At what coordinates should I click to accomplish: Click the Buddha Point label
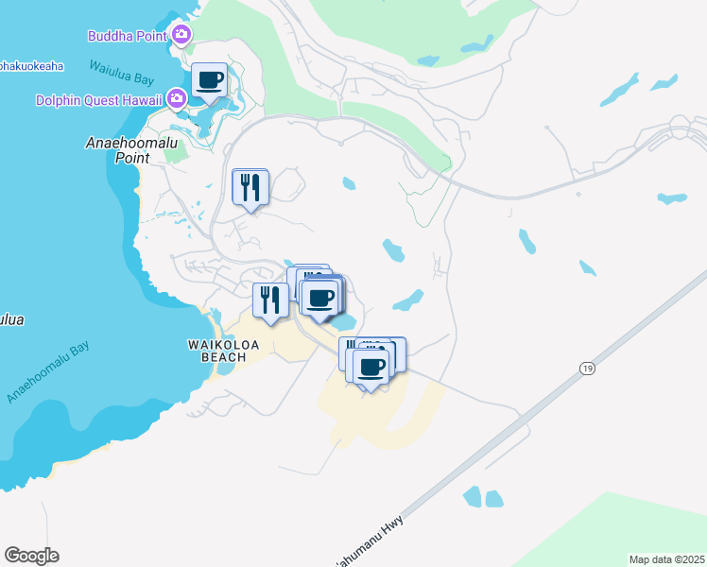(x=128, y=36)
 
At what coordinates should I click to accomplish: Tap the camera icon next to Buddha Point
(x=181, y=36)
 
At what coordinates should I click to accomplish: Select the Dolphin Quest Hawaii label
(x=98, y=99)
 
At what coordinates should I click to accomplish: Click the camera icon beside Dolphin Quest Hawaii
(x=176, y=98)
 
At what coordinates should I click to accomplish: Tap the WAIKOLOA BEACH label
(x=216, y=351)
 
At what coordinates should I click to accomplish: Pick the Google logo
(x=31, y=556)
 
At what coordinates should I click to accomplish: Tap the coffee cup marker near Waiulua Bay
(x=209, y=80)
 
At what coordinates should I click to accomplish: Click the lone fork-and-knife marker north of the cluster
(x=250, y=186)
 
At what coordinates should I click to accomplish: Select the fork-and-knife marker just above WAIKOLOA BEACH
(x=270, y=301)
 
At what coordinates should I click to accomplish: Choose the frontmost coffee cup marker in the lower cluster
(x=372, y=366)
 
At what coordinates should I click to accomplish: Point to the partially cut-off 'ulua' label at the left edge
(x=11, y=319)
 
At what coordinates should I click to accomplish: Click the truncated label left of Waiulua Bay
(x=31, y=66)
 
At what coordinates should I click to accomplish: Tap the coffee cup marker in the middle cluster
(x=321, y=298)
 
